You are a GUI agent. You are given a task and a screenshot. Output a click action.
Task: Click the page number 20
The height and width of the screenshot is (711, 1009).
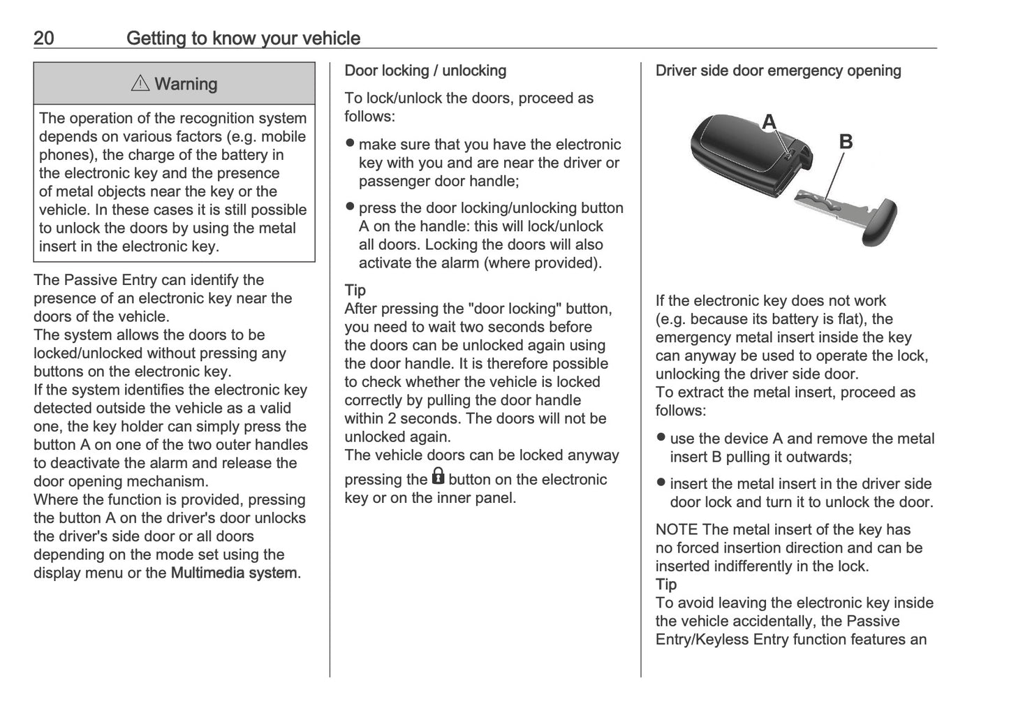point(43,38)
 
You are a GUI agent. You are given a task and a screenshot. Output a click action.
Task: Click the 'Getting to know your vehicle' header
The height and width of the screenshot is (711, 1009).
point(243,38)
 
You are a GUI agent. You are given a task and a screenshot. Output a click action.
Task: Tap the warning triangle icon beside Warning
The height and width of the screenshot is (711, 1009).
point(140,84)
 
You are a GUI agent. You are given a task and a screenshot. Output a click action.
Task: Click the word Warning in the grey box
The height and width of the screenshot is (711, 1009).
point(186,84)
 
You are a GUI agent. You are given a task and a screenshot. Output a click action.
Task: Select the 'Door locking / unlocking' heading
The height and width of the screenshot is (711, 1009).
point(425,71)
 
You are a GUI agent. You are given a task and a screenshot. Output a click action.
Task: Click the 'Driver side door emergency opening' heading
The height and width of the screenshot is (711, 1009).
point(778,71)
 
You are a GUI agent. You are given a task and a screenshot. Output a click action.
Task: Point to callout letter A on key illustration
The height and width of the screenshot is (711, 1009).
point(769,122)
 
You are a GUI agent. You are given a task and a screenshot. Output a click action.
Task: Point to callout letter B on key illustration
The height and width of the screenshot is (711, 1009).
point(845,142)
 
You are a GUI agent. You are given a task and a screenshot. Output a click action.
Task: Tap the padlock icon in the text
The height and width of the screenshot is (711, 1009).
point(438,477)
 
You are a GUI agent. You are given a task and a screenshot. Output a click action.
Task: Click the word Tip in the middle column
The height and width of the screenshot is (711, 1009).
point(355,290)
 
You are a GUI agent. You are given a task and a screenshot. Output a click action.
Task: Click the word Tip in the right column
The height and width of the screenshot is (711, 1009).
point(666,585)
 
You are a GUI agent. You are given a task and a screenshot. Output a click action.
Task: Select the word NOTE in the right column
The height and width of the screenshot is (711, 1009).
point(677,529)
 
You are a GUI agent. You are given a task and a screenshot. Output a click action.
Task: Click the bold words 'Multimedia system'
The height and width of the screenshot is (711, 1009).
point(234,573)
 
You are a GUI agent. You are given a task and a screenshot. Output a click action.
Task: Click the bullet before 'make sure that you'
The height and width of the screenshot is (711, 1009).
point(351,143)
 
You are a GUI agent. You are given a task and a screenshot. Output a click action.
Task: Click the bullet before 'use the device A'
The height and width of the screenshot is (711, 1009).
point(661,438)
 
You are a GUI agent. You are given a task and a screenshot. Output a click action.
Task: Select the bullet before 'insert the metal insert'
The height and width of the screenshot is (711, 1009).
point(661,483)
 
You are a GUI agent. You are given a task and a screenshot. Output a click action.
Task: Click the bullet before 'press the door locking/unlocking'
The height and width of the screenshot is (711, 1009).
point(351,207)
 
